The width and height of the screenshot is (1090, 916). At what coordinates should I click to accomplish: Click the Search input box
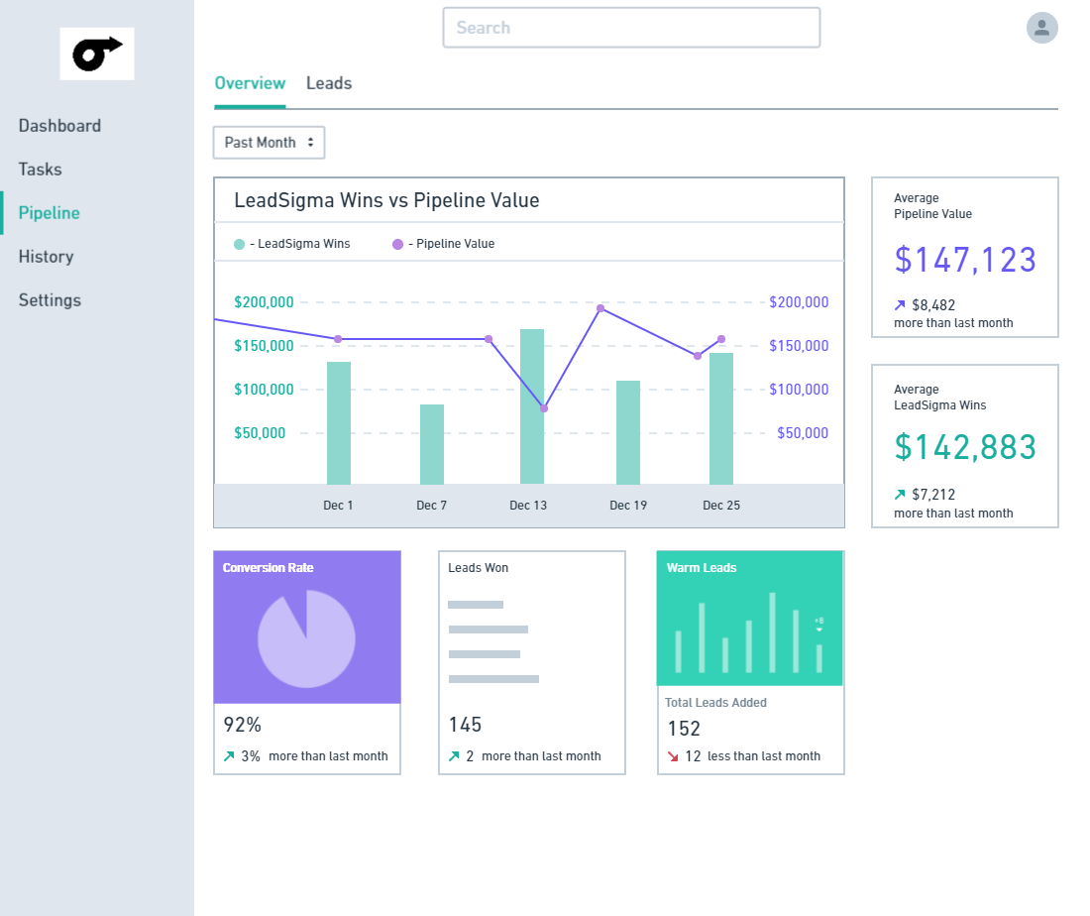point(631,28)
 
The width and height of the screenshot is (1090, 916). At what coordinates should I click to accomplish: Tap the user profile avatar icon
point(1042,28)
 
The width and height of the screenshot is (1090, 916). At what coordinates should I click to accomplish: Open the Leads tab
point(329,83)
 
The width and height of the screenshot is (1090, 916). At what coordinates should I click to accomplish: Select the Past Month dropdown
point(269,143)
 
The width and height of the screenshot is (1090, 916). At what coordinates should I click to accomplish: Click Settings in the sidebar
point(51,300)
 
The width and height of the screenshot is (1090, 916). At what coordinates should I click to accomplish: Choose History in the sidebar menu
point(46,257)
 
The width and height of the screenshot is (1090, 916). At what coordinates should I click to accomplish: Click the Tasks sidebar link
point(41,169)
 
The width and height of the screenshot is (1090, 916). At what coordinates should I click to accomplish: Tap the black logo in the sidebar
point(97,55)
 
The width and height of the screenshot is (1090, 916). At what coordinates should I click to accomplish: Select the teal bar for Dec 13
point(532,406)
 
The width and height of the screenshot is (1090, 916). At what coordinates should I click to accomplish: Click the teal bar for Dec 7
point(432,444)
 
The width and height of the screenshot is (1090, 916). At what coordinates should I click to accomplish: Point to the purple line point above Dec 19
point(600,308)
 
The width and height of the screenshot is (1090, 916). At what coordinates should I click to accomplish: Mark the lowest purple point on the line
point(544,408)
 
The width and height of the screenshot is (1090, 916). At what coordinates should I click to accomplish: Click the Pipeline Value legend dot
point(397,244)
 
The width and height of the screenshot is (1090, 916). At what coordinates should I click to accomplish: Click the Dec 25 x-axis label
point(720,506)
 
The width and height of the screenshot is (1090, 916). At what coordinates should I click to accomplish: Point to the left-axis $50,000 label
point(260,433)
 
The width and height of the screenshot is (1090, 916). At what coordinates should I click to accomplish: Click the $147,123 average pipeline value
point(965,260)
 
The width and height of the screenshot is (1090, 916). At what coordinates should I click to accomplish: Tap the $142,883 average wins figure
point(965,447)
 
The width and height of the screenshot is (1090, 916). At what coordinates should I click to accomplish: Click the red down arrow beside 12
point(673,756)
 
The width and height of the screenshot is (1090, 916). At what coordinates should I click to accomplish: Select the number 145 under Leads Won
point(465,725)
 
